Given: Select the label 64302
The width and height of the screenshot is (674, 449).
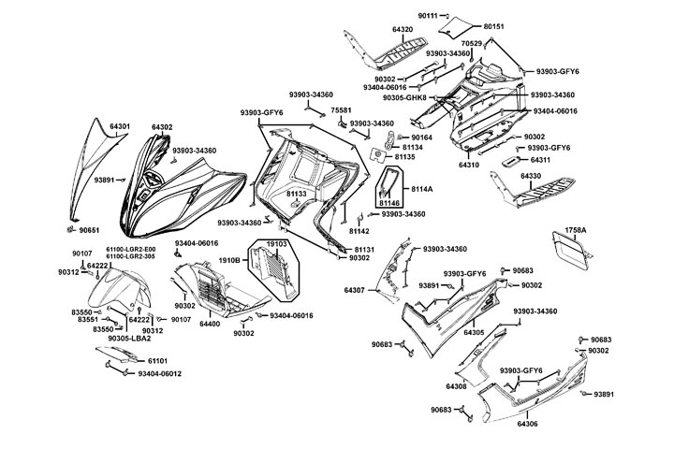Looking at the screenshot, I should (162, 126).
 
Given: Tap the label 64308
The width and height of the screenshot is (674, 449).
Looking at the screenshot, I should (457, 385).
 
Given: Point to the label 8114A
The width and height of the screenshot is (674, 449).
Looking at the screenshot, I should (422, 189).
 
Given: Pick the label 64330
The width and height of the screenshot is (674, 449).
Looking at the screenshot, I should (530, 176).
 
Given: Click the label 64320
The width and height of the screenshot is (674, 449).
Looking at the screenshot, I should (403, 30).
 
